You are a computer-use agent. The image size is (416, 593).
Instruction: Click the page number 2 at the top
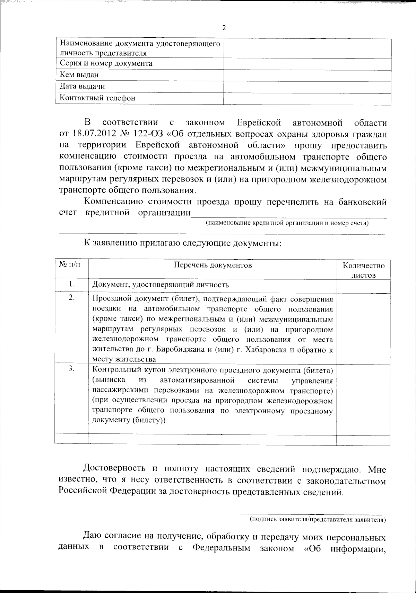(x=224, y=28)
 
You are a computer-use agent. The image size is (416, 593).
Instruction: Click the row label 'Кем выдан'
(x=79, y=75)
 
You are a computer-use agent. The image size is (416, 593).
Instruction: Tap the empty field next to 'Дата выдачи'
(x=307, y=87)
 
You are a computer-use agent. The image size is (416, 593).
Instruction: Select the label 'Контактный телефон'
(x=97, y=98)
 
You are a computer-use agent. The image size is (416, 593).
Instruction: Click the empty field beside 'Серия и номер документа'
(x=307, y=64)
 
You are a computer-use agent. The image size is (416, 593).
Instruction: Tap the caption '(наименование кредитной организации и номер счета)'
(x=287, y=223)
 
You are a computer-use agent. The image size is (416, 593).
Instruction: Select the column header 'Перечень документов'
(x=213, y=265)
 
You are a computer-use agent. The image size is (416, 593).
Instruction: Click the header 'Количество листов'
(x=363, y=270)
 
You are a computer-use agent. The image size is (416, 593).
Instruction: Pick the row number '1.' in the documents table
(x=71, y=284)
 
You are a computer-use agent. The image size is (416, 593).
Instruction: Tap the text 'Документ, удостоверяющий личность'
(x=161, y=285)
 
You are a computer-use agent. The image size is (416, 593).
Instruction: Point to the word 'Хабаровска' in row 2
(x=266, y=349)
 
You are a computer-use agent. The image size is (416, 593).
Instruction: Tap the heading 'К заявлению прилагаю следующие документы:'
(x=182, y=243)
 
